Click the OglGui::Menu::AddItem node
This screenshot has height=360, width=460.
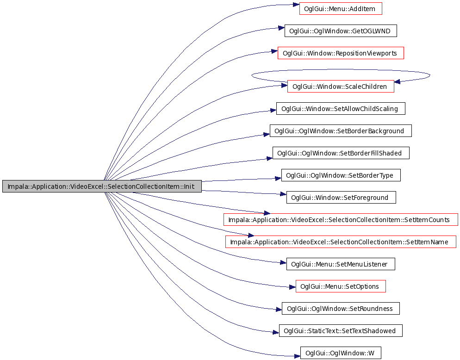point(341,8)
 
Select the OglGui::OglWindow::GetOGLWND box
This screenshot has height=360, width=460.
point(341,31)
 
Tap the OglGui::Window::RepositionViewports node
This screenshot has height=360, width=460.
point(341,53)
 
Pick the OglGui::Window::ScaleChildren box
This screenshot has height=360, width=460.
point(341,86)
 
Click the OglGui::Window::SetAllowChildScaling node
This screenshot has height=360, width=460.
point(341,109)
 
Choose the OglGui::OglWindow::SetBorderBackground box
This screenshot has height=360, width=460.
point(341,131)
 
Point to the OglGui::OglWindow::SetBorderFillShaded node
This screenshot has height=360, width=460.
point(341,153)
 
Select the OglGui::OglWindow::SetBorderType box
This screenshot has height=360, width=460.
point(341,175)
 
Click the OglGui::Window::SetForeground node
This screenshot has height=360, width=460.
point(341,198)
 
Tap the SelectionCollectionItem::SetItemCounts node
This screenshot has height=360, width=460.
point(341,219)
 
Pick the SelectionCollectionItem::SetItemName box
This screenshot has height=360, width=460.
point(341,242)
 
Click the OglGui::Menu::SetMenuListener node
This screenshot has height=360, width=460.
point(341,264)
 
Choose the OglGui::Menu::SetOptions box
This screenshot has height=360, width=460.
point(341,286)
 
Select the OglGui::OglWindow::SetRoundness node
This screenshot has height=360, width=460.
point(341,308)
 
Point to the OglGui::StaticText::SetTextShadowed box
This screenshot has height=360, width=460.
point(341,331)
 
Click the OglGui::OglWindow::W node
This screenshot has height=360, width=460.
point(341,353)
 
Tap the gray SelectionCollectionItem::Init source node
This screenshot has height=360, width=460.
point(102,186)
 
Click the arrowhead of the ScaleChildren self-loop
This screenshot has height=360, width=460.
point(397,81)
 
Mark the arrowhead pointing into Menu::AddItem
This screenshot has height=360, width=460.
point(296,5)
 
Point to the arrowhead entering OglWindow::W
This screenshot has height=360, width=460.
point(297,356)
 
